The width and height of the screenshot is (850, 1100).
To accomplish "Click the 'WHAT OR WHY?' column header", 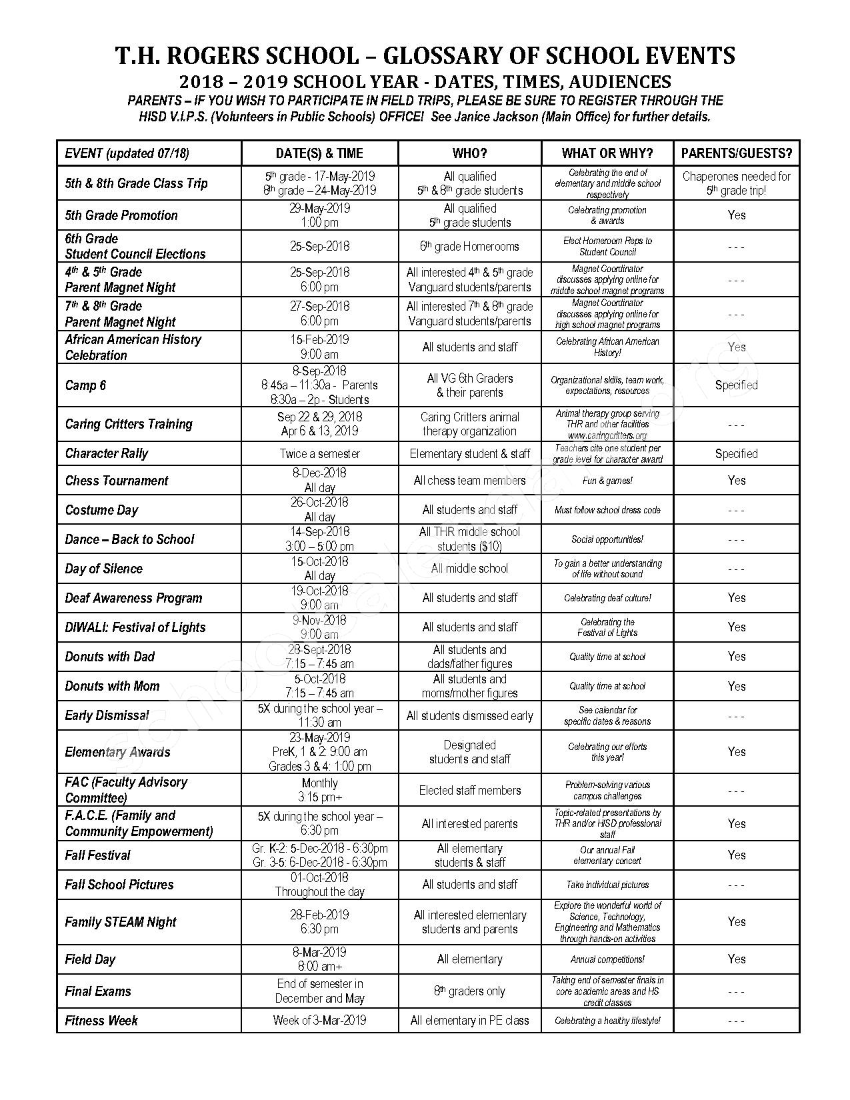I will point(607,153).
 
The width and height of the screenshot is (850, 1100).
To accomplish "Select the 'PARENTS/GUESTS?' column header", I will point(736,153).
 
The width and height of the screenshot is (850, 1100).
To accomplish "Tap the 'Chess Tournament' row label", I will point(117,481).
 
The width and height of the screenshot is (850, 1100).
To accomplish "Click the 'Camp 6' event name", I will point(85,385).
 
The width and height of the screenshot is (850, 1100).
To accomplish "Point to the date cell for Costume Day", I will point(319,509).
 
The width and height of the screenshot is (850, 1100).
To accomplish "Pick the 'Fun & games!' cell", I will point(607,481).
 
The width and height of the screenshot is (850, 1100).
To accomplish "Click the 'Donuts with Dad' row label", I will point(110,657).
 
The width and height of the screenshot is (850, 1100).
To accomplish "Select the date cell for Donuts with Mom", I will point(319,686).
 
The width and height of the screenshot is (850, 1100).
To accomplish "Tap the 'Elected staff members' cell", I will point(469,791).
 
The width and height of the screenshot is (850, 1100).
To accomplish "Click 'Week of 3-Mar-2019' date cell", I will point(319,1020).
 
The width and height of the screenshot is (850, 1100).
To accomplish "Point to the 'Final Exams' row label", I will point(98,991).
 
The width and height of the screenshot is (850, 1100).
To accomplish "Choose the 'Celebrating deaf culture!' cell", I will point(607,598).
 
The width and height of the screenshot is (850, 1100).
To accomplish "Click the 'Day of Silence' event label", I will point(104,569).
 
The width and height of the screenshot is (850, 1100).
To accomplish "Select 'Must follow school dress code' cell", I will point(607,510).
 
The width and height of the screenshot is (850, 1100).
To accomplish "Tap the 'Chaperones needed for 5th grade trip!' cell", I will point(736,183).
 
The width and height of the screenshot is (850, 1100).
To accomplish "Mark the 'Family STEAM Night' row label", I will point(121,922).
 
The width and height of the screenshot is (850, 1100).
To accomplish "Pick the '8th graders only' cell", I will point(469,991).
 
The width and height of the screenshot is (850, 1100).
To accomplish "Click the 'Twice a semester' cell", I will point(319,454).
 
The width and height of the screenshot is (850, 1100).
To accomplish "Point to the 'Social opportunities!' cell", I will point(607,539).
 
